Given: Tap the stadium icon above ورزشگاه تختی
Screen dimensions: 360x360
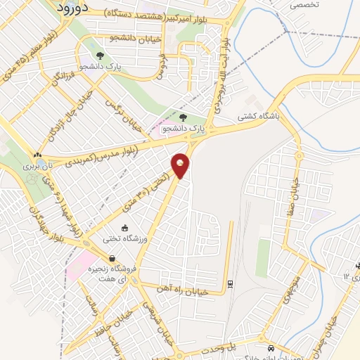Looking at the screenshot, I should click(x=124, y=228).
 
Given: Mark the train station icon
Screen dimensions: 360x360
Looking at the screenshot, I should click(x=229, y=283).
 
